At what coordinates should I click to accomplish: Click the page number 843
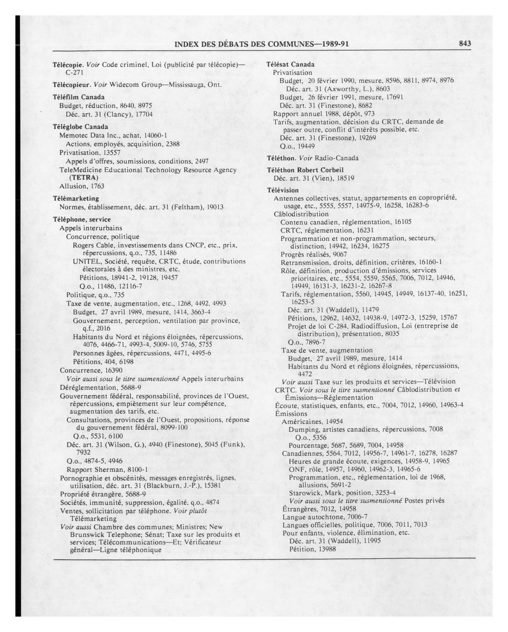click(465, 44)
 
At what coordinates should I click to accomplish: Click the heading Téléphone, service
click(82, 220)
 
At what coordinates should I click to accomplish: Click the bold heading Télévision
click(283, 190)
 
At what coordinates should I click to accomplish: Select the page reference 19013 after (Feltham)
click(215, 207)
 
